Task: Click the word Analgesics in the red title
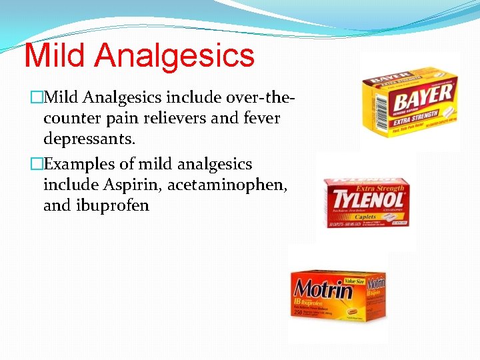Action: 175,57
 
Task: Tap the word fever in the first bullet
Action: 258,119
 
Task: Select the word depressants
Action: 89,140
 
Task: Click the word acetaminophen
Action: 227,185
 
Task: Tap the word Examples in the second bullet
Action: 74,164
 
